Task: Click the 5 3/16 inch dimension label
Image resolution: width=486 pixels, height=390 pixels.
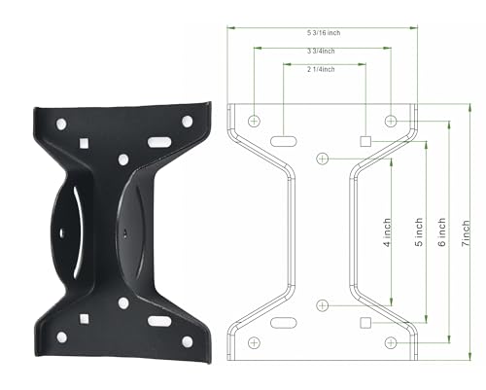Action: [324, 33]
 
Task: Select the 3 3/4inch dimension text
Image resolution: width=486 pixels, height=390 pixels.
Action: [321, 51]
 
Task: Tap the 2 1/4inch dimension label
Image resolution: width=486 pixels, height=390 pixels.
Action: [321, 69]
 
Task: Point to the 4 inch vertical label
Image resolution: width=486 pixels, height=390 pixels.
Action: [387, 232]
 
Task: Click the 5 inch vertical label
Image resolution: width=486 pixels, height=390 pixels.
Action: [419, 232]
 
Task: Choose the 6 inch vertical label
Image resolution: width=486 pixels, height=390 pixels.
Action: [442, 232]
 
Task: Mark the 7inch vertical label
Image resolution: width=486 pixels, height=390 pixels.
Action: [466, 233]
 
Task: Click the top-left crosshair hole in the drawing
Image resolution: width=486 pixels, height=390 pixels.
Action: [254, 122]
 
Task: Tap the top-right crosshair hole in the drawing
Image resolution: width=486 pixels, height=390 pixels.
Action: [391, 122]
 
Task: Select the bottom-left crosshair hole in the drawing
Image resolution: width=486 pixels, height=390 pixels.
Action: [254, 342]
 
